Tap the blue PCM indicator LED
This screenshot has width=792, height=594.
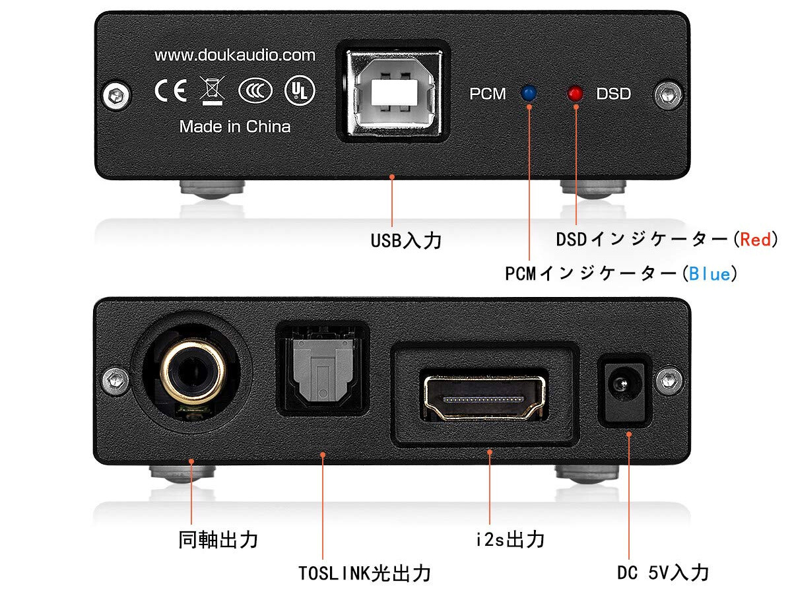[x=528, y=93]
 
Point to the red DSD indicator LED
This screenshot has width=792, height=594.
[x=575, y=94]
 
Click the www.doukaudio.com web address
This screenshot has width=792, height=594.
[x=234, y=55]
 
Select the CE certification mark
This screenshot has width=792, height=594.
[x=170, y=90]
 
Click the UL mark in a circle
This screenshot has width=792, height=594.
[x=300, y=90]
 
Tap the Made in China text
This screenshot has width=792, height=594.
[x=234, y=126]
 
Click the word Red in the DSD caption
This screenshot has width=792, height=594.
[x=755, y=239]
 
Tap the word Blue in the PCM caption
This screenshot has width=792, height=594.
[x=709, y=273]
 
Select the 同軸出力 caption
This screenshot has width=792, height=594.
[x=218, y=540]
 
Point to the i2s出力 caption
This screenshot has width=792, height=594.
[x=510, y=539]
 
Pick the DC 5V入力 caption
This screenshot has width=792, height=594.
[x=663, y=572]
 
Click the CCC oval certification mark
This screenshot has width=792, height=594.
[x=255, y=91]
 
